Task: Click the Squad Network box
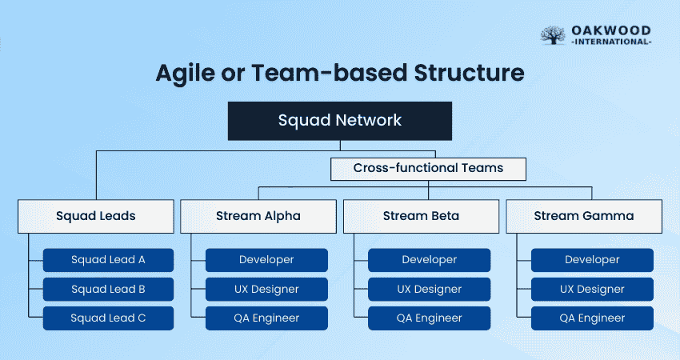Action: point(340,121)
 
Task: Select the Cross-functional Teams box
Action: point(428,169)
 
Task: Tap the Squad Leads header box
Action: point(96,216)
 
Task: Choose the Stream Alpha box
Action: point(258,216)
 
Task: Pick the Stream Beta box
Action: point(422,216)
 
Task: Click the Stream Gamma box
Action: point(584,216)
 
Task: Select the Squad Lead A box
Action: point(108,260)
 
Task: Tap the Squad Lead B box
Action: point(108,289)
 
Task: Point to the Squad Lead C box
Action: point(108,318)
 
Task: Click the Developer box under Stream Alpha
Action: point(266,260)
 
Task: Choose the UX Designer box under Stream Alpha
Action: point(266,289)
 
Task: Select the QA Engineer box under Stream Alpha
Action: point(266,318)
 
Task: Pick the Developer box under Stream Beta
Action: point(430,260)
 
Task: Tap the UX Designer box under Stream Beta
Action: point(430,289)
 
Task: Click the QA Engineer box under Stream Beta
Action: point(430,318)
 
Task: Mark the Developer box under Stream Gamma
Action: point(592,260)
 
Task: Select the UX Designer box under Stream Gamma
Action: point(592,289)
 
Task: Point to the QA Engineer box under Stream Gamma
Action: point(592,318)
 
